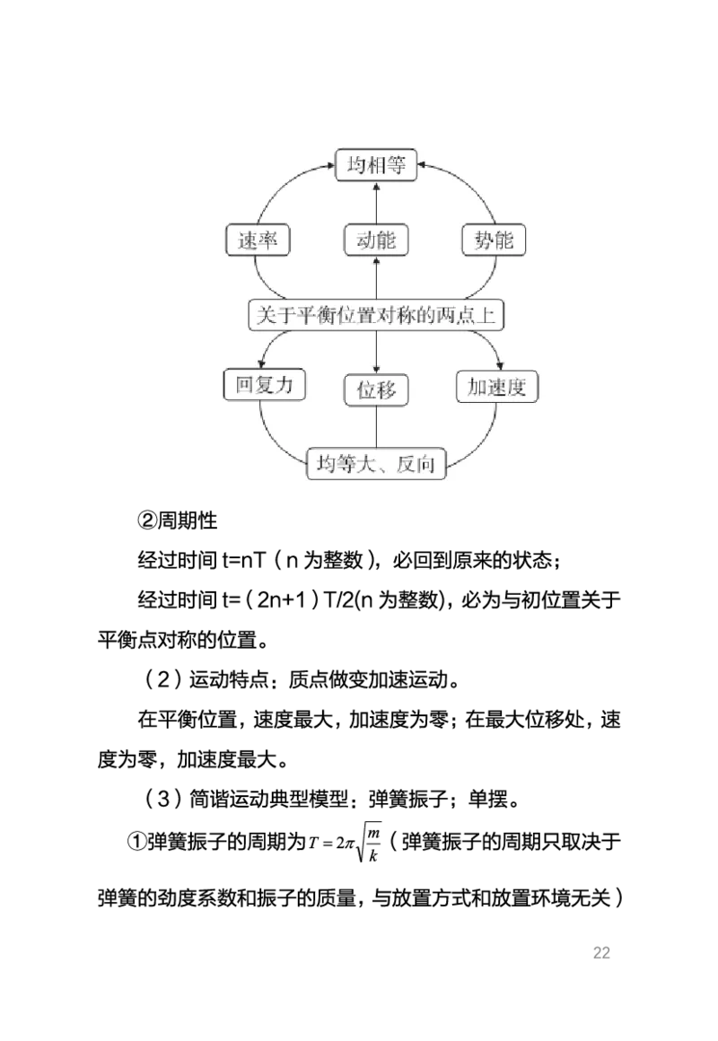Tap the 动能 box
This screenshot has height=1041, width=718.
[376, 241]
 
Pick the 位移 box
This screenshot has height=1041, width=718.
[376, 390]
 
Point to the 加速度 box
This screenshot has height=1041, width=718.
[496, 387]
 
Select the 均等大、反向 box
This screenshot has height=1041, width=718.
[377, 464]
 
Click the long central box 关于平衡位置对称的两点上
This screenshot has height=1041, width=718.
[376, 316]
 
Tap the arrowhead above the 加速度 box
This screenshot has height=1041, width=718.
[499, 363]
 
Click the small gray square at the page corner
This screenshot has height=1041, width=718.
[601, 951]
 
